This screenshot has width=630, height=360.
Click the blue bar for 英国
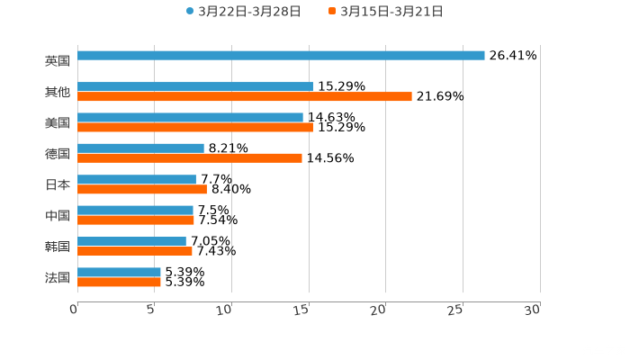coord(281,56)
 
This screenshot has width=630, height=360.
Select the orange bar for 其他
coord(245,97)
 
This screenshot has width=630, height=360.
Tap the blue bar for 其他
coord(195,86)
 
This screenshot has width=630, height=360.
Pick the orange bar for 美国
coord(195,128)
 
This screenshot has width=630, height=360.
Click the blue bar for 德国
coord(140,148)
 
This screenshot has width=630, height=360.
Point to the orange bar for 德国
coord(190,158)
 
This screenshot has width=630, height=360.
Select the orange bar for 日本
coord(142,190)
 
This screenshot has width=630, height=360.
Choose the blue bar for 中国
coord(135,210)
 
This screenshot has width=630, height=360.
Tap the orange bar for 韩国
coord(135,252)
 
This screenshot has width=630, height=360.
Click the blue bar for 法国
coord(119,272)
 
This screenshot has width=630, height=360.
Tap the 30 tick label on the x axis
coord(533,310)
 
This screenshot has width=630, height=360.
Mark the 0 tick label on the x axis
coord(75,310)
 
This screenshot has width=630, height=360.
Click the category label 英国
coord(58,61)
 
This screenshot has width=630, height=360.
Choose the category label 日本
coord(58,184)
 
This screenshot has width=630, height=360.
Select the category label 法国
coord(58,277)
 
